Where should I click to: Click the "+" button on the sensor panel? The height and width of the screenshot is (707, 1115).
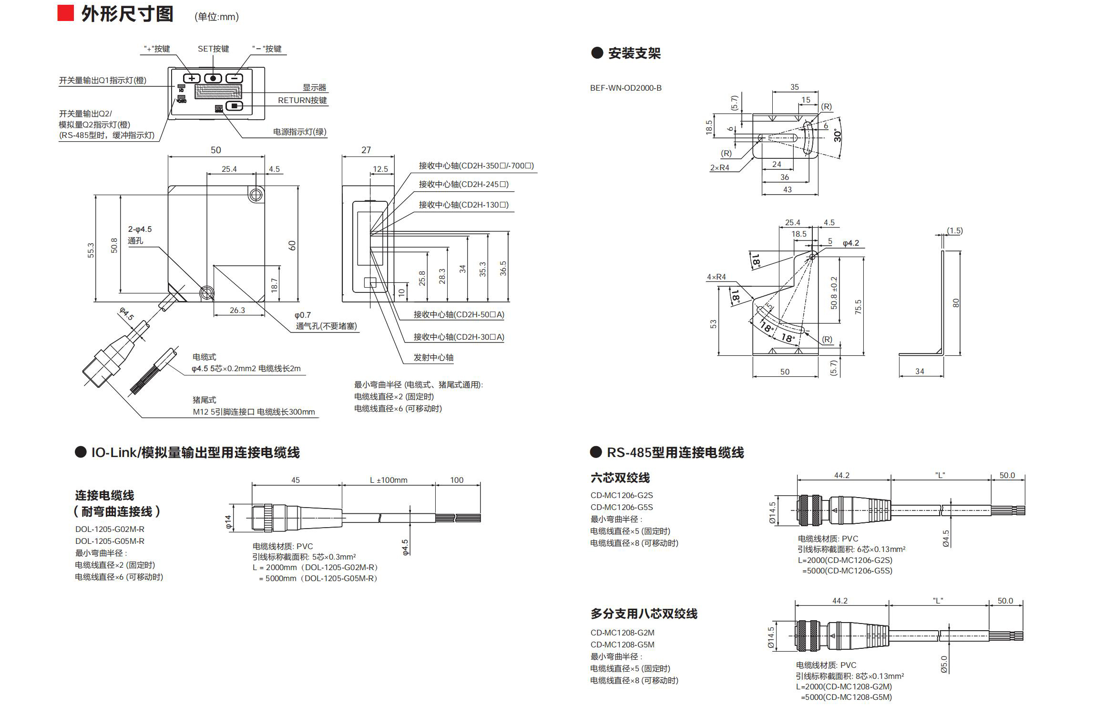click(x=192, y=79)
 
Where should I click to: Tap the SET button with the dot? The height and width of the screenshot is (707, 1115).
click(x=213, y=79)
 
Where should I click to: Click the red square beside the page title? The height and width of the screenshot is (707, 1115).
click(x=66, y=13)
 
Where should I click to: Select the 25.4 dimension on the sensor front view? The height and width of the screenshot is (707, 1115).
click(x=229, y=169)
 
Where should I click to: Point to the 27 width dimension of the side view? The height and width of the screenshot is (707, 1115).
click(x=366, y=150)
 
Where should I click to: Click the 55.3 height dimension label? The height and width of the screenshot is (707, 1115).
click(x=91, y=250)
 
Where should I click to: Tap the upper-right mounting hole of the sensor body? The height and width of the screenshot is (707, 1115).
click(x=256, y=195)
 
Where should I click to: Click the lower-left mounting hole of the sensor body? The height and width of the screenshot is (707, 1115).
click(x=206, y=293)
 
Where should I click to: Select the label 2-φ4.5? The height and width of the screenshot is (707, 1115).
click(x=140, y=229)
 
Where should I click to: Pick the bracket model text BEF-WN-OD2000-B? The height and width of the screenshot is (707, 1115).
click(x=625, y=88)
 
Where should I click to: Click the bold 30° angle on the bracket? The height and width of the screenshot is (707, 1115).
click(x=838, y=135)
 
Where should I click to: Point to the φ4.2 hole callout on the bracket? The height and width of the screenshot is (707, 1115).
click(x=850, y=243)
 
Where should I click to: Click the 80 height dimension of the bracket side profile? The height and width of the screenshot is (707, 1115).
click(x=955, y=303)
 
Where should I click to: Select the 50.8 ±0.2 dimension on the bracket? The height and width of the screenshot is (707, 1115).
click(x=834, y=293)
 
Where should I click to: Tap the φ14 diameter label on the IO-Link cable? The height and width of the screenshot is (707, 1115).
click(x=228, y=522)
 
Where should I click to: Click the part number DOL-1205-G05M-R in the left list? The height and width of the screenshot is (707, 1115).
click(x=110, y=541)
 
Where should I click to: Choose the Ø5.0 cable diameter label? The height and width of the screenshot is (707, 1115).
click(x=944, y=664)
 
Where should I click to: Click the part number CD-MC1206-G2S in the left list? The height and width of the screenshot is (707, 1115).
click(x=621, y=495)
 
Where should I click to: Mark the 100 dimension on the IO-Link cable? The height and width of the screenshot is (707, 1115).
click(x=457, y=480)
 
